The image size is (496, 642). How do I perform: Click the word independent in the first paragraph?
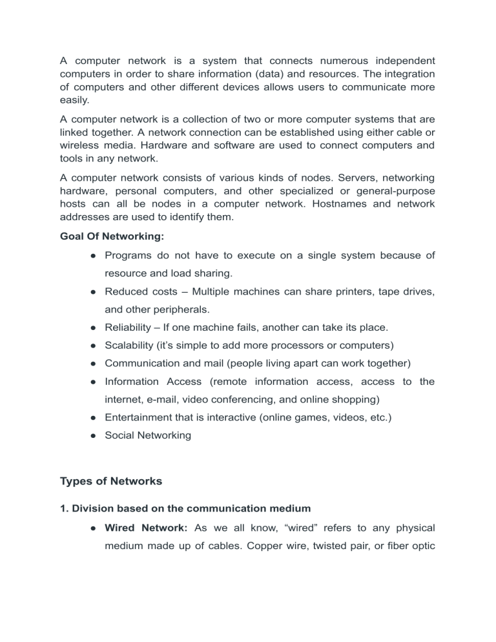coord(395,63)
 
